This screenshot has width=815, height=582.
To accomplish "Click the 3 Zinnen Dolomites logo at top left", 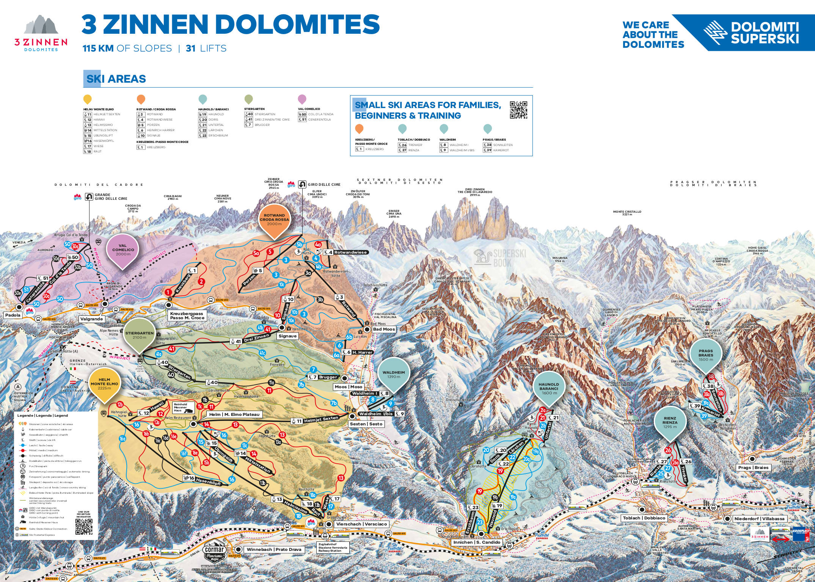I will (x=41, y=33).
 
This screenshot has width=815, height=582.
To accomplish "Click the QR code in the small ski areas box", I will (x=518, y=110).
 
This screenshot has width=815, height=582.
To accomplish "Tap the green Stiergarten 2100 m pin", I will (x=140, y=335).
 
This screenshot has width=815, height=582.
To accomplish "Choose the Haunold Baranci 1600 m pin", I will (x=549, y=388).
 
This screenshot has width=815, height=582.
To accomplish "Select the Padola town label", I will (x=13, y=315).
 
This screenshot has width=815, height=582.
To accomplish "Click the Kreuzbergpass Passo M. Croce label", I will (x=187, y=316).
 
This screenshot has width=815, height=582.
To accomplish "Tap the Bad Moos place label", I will (x=383, y=329).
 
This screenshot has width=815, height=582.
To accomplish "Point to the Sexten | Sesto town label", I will (x=366, y=424).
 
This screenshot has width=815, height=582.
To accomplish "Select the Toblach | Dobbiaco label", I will (x=644, y=518).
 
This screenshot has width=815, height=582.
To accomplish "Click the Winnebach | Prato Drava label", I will (x=274, y=549).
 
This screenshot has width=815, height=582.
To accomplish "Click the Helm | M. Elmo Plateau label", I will (x=234, y=414).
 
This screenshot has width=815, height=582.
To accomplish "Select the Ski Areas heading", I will (x=115, y=79).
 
